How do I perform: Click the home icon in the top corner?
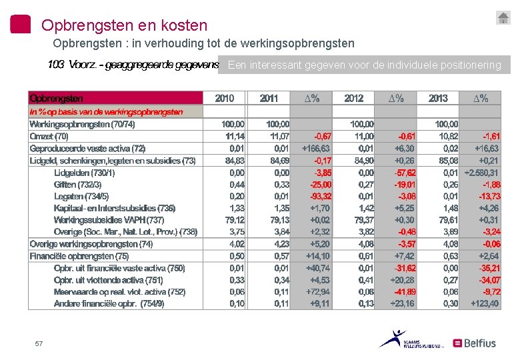click(503, 18)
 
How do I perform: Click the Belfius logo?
click(475, 343)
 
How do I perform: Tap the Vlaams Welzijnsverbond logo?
click(403, 339)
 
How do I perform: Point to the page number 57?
click(39, 343)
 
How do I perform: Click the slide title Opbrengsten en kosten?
click(124, 25)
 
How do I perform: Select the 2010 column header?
click(225, 99)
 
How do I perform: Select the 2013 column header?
click(438, 99)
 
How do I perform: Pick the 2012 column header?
click(354, 99)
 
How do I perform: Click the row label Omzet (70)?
click(49, 136)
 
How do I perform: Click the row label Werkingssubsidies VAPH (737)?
click(109, 220)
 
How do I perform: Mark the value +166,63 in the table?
click(316, 148)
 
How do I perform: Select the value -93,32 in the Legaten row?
click(318, 196)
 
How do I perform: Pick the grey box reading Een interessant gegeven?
click(364, 65)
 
